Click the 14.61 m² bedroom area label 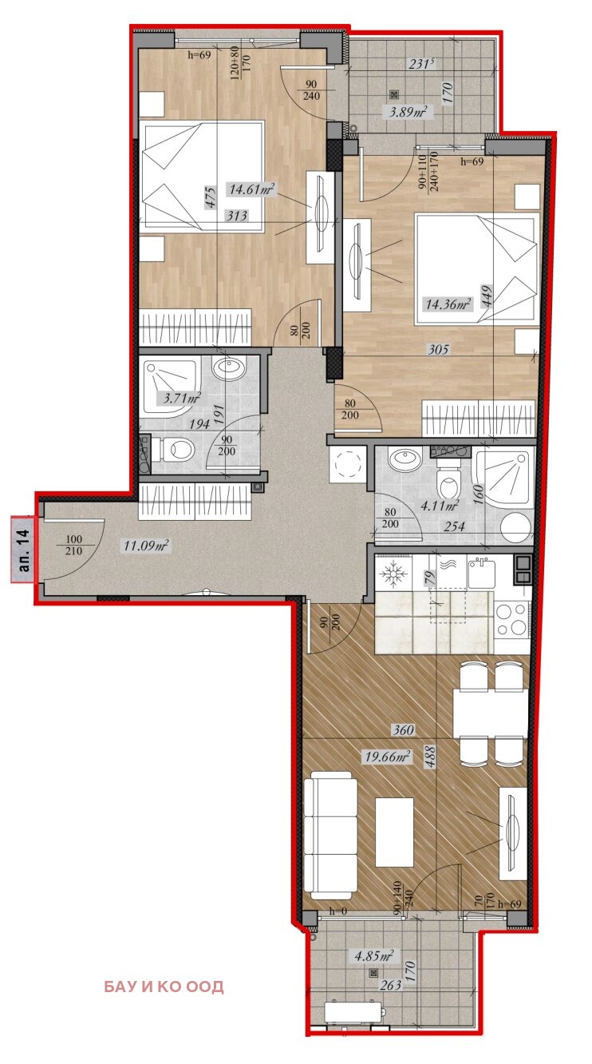pos(252,189)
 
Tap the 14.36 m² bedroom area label pos(448,304)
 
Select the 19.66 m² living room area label pos(387,756)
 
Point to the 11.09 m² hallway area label pos(146,546)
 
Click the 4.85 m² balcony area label pos(374,955)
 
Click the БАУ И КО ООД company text pos(164,987)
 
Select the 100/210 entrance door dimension pos(73,546)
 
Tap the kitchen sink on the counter pos(481,573)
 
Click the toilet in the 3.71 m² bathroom pos(173,449)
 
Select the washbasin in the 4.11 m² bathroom pos(405,459)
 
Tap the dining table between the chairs pos(491,713)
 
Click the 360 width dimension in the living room pos(403,729)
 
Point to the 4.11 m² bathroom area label pos(440,505)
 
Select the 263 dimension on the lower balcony pos(390,986)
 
